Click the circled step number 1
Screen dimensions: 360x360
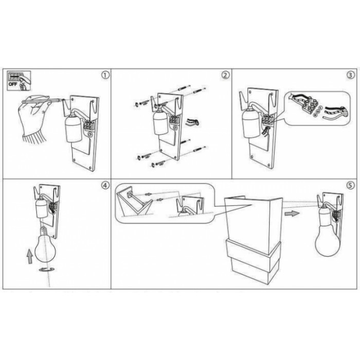click(105, 75)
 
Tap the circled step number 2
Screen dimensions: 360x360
click(225, 75)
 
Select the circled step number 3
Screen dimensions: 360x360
click(350, 75)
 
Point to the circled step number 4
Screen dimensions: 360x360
click(105, 185)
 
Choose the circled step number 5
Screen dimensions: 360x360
click(350, 185)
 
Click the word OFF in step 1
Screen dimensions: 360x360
click(13, 84)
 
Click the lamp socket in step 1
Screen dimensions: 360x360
click(74, 129)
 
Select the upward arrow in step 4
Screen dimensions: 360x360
click(30, 256)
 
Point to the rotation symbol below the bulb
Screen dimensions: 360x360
click(47, 269)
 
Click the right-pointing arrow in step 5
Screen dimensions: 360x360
click(292, 213)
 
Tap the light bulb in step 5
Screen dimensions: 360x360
click(327, 239)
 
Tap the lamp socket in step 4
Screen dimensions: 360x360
click(42, 208)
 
